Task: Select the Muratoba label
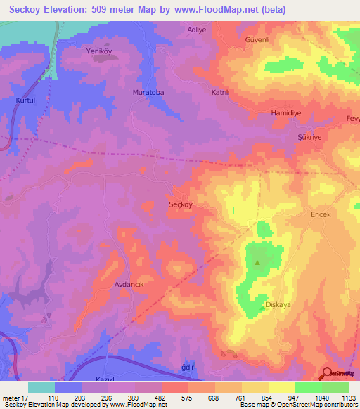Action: tap(148, 92)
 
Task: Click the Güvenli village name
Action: tap(278, 40)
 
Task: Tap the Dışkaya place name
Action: tap(279, 304)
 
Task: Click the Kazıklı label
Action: tap(109, 379)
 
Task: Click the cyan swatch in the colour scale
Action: tap(41, 387)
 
